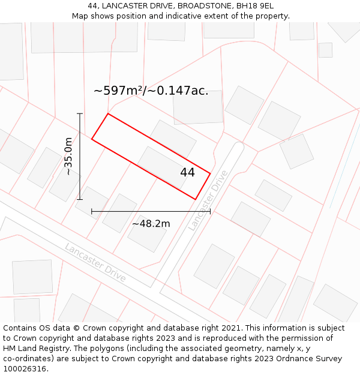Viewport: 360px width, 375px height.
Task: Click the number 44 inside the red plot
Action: [187, 172]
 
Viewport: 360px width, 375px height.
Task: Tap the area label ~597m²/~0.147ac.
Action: [151, 91]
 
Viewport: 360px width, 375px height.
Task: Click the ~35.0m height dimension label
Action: [69, 156]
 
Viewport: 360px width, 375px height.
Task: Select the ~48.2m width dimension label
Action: [151, 224]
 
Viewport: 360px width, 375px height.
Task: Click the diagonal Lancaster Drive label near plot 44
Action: [208, 200]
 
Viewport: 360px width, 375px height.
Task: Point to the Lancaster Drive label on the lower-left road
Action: [95, 262]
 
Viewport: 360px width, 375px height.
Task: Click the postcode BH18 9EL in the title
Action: [254, 5]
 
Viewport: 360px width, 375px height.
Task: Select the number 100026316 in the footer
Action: [25, 369]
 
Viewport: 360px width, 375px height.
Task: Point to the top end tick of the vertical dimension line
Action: [80, 113]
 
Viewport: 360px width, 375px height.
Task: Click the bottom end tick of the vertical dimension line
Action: [80, 199]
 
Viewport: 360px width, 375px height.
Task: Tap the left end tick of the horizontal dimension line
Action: [92, 211]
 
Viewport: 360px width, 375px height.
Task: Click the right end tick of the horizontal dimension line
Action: [210, 211]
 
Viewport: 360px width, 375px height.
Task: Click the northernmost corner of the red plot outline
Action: [108, 113]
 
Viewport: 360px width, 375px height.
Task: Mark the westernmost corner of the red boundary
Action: [92, 139]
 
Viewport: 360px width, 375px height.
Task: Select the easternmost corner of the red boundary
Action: [210, 173]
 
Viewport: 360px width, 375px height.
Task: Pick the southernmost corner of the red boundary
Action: [196, 199]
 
